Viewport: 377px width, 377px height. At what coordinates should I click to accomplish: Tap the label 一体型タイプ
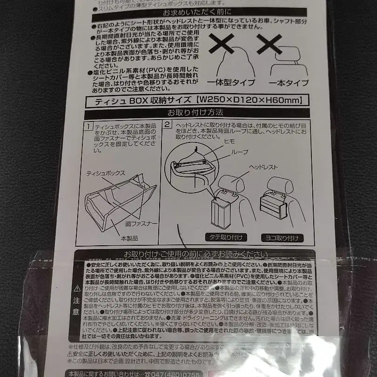pyautogui.click(x=231, y=82)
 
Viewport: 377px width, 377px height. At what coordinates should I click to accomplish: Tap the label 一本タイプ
pyautogui.click(x=288, y=83)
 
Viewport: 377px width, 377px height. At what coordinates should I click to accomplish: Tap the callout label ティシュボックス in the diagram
pyautogui.click(x=106, y=173)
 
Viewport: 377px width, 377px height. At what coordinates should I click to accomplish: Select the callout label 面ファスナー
pyautogui.click(x=141, y=224)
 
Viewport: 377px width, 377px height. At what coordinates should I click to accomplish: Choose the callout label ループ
pyautogui.click(x=242, y=152)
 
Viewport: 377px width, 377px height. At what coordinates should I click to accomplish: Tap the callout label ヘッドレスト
pyautogui.click(x=263, y=167)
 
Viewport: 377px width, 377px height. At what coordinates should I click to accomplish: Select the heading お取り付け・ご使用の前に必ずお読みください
pyautogui.click(x=195, y=254)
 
